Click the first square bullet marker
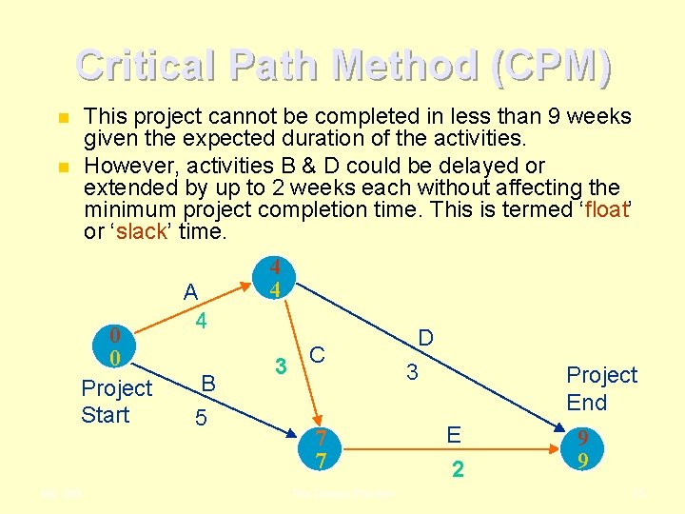click(63, 118)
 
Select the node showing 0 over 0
click(114, 347)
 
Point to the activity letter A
click(191, 292)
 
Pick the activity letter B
click(208, 384)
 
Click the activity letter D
click(425, 338)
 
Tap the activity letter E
click(454, 435)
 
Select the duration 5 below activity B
click(201, 417)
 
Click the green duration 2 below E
click(458, 469)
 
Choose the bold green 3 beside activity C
click(281, 366)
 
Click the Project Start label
click(116, 402)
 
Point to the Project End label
click(601, 388)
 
